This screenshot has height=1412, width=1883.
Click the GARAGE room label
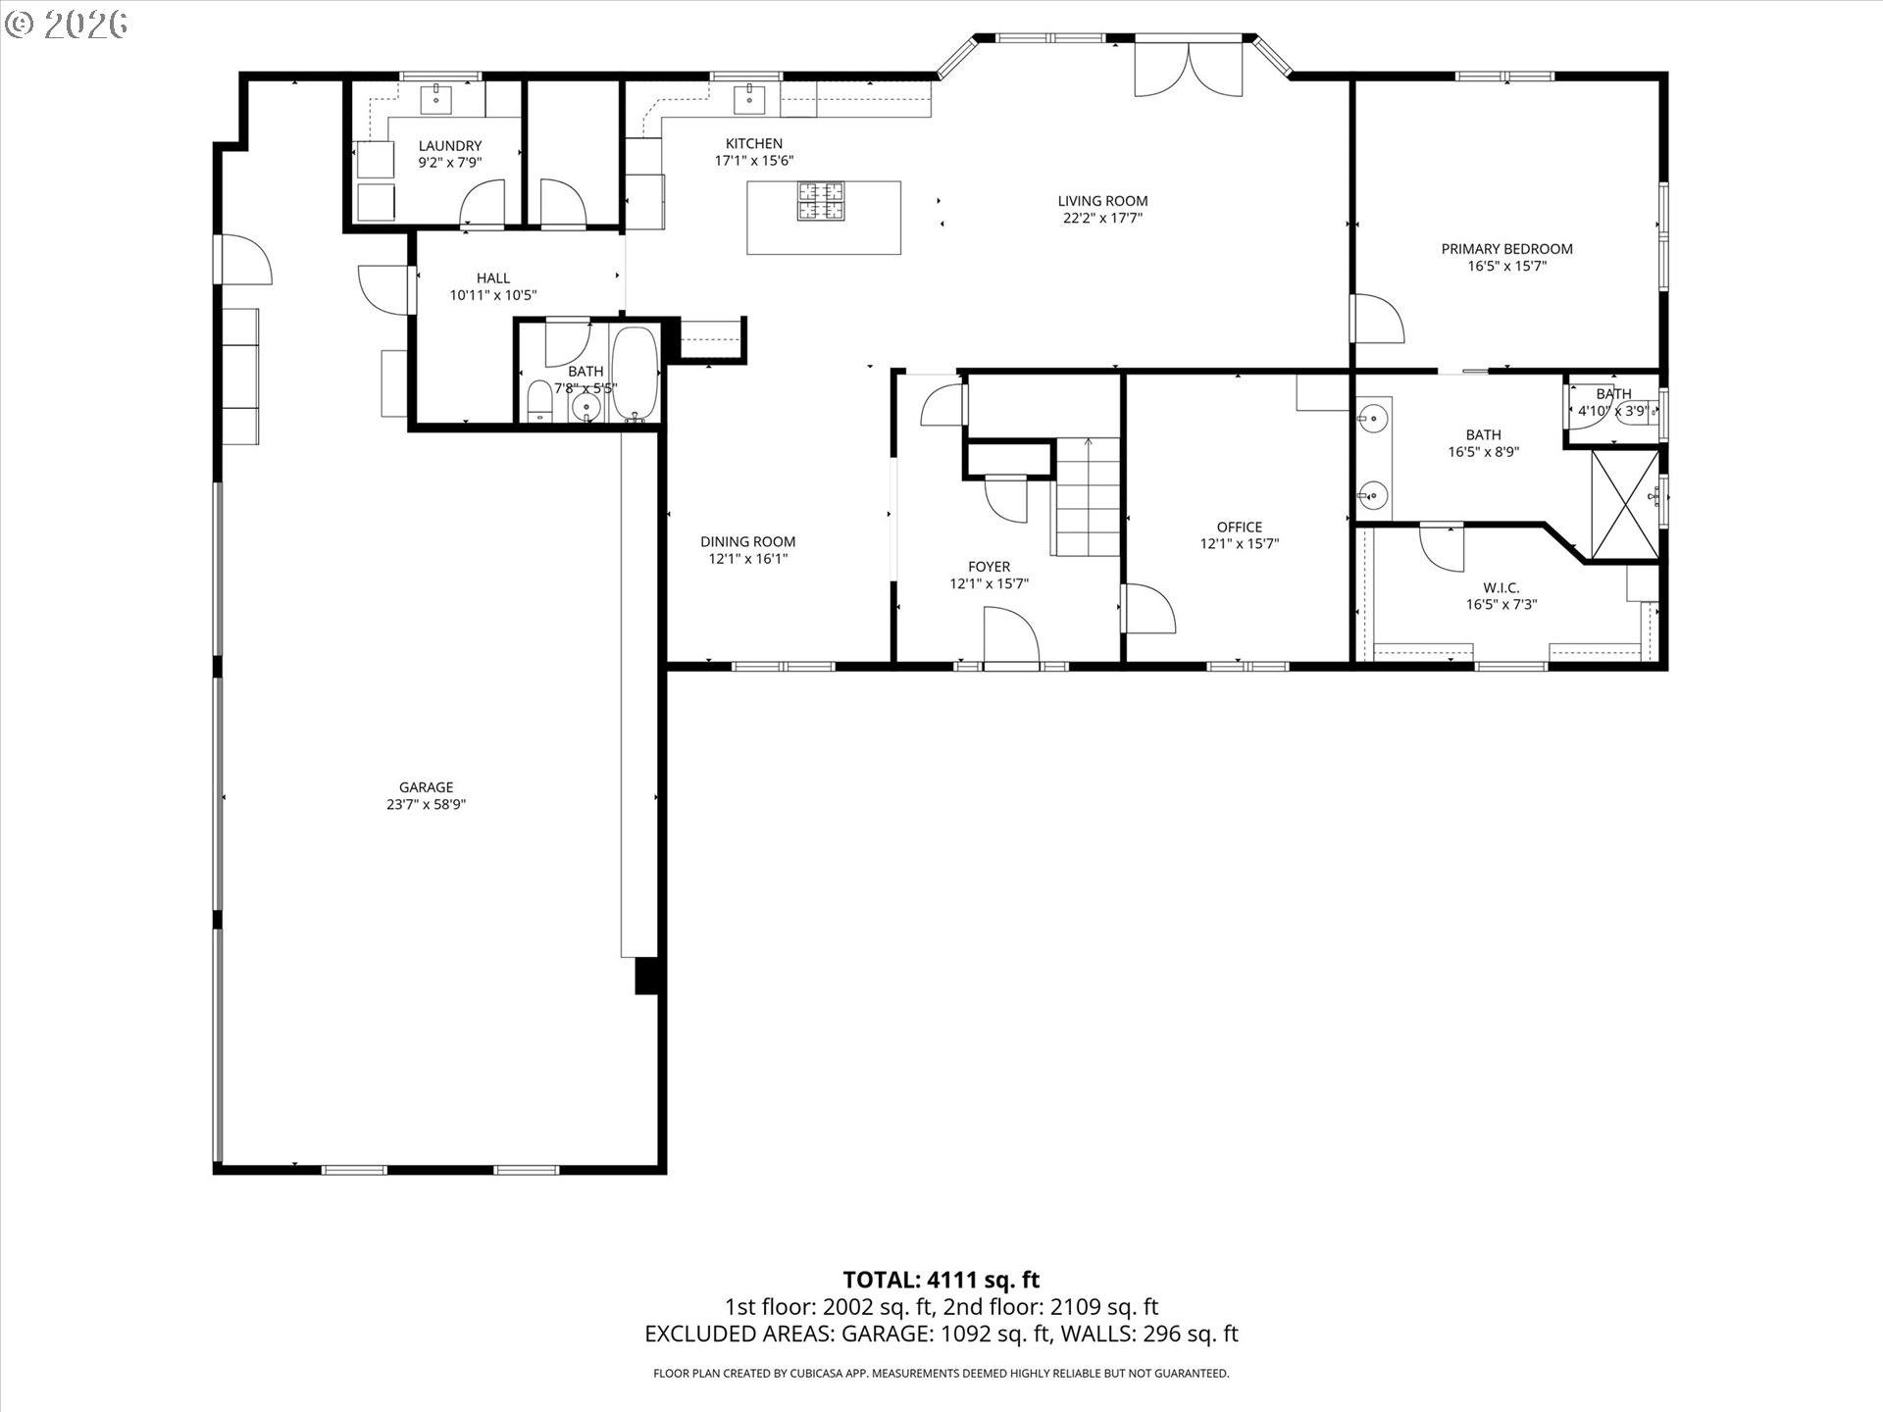click(x=426, y=787)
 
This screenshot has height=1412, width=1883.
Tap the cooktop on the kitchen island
click(x=822, y=200)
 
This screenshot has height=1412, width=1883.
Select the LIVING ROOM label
click(x=1102, y=201)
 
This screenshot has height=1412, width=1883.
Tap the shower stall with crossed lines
click(x=1625, y=504)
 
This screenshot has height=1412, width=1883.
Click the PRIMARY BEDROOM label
click(x=1506, y=249)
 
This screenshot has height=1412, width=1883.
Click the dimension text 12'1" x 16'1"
click(x=748, y=559)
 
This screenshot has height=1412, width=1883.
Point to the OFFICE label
click(x=1240, y=528)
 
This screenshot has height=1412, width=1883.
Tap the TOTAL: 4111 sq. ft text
click(x=941, y=1280)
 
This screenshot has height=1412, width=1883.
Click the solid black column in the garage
click(x=646, y=977)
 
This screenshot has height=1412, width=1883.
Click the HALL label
click(x=493, y=278)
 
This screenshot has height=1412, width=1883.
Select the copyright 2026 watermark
click(x=67, y=24)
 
